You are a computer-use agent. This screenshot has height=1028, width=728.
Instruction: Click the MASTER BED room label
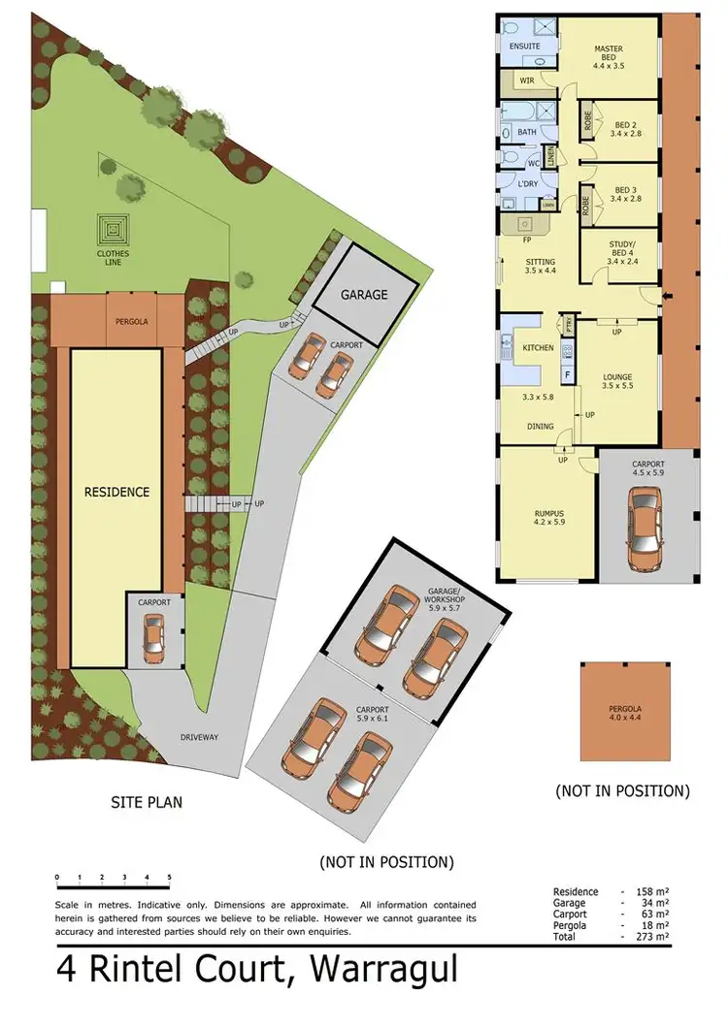click(x=609, y=54)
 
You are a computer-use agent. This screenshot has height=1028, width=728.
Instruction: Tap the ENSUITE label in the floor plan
click(x=518, y=46)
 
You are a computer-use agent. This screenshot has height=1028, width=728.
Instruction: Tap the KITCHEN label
click(x=538, y=347)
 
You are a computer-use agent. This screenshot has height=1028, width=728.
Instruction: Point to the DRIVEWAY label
click(x=198, y=737)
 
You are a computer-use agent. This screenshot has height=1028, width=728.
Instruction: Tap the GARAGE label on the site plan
click(x=364, y=294)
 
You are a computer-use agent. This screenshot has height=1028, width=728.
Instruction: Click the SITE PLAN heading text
click(x=146, y=802)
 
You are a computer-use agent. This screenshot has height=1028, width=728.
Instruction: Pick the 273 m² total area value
click(x=655, y=936)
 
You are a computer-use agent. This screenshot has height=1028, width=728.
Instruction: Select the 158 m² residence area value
click(x=655, y=891)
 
